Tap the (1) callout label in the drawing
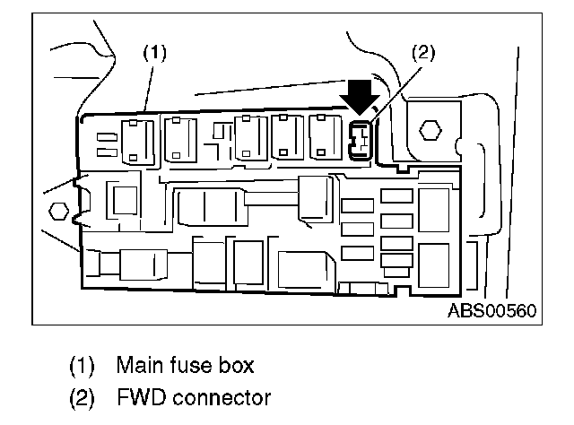(x=156, y=53)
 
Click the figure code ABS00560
(x=492, y=311)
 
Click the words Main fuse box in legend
(x=185, y=365)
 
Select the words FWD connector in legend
(x=193, y=395)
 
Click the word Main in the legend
(x=135, y=365)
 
